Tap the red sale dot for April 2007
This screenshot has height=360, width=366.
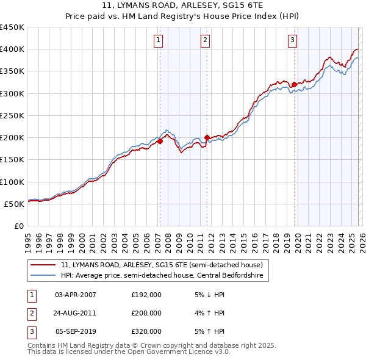pos(160,141)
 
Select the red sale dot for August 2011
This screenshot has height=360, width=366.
pos(207,137)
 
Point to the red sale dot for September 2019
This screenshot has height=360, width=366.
pos(294,84)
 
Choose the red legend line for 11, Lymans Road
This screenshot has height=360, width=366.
pos(43,265)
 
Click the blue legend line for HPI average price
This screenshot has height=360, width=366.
pos(43,276)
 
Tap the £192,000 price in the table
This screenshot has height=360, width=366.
pos(146,294)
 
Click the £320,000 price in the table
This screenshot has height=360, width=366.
pos(146,331)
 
